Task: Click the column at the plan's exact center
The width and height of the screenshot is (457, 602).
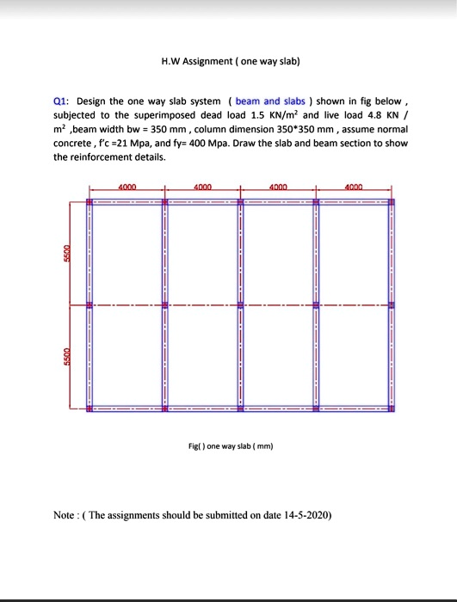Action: [x=241, y=304]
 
